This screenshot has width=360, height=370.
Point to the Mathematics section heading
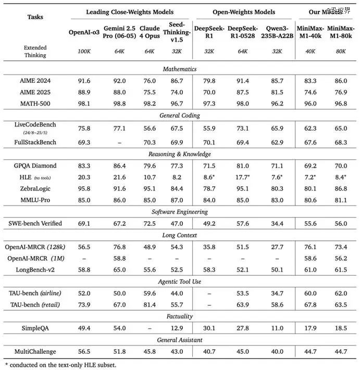[x=180, y=69]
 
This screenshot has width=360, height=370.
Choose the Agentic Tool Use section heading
[x=180, y=282]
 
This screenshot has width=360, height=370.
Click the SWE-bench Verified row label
[x=35, y=223]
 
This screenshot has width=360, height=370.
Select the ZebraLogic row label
[x=35, y=188]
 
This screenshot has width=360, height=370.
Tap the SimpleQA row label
[x=35, y=327]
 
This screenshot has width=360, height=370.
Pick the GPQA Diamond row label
[x=35, y=165]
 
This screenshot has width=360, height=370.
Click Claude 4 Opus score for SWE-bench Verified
[x=150, y=223]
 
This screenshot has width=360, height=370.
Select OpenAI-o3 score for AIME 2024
[x=83, y=80]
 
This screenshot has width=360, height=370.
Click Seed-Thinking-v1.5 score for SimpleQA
[x=177, y=327]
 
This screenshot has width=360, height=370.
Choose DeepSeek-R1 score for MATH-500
[x=209, y=103]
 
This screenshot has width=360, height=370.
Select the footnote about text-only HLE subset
[x=60, y=365]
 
